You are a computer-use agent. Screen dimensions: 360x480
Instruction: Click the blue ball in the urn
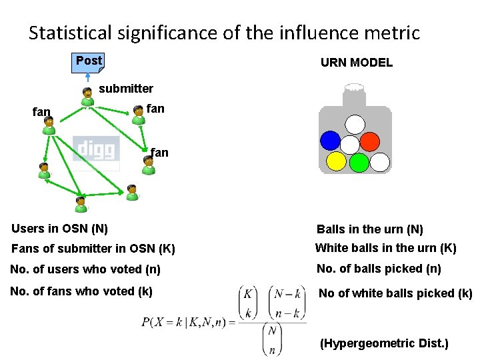[x=330, y=140]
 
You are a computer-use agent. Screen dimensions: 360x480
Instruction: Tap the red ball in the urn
[x=370, y=141]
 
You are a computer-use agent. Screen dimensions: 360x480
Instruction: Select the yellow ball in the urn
[x=337, y=161]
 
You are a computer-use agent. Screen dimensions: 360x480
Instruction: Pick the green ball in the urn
[x=359, y=162]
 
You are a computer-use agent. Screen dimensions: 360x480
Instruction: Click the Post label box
[x=89, y=61]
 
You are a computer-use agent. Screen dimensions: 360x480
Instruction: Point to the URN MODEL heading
[x=357, y=63]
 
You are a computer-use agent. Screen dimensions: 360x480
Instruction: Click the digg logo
[x=96, y=149]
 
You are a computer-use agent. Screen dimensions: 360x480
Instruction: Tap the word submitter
[x=126, y=89]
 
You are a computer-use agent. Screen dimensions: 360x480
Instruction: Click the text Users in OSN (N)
[x=60, y=229]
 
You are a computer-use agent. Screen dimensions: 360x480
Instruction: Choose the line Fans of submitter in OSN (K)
[x=93, y=249]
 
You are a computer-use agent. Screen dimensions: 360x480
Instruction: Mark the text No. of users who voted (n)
[x=85, y=270]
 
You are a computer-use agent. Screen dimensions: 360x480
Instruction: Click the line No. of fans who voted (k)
[x=81, y=291]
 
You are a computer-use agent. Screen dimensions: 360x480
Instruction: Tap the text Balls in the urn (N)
[x=370, y=229]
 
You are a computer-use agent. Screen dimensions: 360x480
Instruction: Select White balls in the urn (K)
[x=385, y=249]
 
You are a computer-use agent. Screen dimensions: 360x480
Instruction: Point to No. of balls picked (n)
[x=379, y=269]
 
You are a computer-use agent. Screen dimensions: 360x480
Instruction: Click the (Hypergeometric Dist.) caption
[x=384, y=344]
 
